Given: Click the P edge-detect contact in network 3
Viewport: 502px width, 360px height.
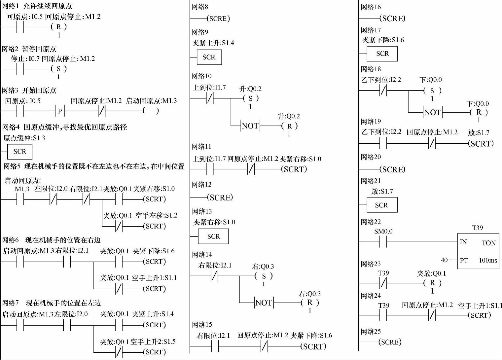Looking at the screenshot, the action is [60, 111].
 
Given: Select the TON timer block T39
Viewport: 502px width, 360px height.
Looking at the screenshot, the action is [478, 251].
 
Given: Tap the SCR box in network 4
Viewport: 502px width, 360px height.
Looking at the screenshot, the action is [20, 152].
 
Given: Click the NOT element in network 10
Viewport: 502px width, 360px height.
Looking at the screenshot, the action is [250, 126].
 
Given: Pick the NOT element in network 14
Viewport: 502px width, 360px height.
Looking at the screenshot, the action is [264, 303].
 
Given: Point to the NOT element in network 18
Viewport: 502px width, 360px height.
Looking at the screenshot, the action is [433, 113].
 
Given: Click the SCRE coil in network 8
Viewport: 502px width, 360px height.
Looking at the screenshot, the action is [219, 19].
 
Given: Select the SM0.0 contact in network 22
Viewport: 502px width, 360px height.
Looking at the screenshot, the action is [383, 242].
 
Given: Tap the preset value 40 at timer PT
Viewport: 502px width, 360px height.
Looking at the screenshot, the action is [444, 260].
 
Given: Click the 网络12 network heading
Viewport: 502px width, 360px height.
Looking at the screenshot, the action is [201, 185].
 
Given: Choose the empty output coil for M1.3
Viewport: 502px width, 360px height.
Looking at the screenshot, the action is [151, 111].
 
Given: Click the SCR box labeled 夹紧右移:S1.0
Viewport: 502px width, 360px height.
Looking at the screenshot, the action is [213, 236].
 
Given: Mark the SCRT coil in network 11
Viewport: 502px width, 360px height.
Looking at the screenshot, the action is [294, 169].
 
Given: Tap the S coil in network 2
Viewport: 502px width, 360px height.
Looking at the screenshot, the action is [59, 69].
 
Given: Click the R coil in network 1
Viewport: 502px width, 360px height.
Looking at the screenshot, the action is [59, 27].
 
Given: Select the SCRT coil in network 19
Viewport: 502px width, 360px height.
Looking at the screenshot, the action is [481, 144].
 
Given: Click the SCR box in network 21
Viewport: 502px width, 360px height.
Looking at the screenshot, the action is [382, 205].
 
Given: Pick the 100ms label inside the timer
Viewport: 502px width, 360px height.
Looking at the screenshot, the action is [488, 260].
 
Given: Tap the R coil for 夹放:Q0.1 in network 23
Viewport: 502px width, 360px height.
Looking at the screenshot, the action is [432, 283].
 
